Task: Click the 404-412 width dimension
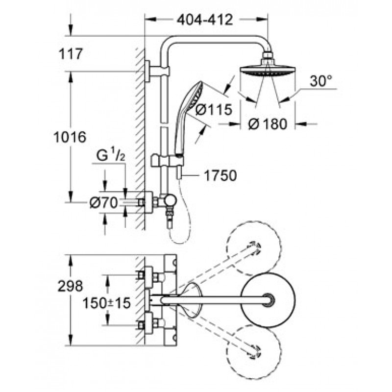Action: (x=205, y=20)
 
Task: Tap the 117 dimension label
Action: (x=70, y=54)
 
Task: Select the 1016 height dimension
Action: (x=70, y=137)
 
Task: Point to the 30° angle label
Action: (x=321, y=81)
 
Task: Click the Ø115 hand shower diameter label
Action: (x=214, y=109)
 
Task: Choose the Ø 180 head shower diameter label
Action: (x=268, y=124)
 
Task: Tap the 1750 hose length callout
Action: (x=220, y=175)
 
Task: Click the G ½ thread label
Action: (x=110, y=156)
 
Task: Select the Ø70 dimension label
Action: (x=103, y=202)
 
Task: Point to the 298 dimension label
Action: (x=70, y=286)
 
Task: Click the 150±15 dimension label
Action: (x=106, y=303)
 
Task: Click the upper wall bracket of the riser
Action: (x=157, y=71)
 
